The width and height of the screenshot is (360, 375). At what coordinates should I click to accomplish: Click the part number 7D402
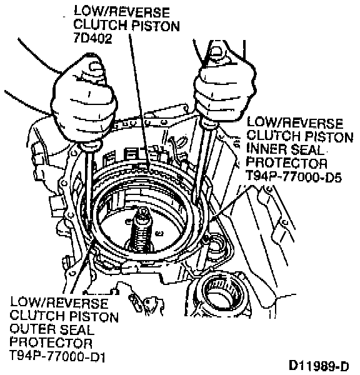pos(92,38)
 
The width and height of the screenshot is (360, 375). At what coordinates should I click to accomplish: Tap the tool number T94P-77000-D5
pos(294,177)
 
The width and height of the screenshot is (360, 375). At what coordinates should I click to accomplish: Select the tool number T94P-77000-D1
pos(57,356)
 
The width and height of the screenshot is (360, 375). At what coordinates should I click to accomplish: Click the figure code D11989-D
pos(319,366)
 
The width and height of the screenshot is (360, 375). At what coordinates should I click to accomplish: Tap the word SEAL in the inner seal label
pos(308,150)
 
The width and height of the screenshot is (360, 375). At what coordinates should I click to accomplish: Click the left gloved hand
pos(84,101)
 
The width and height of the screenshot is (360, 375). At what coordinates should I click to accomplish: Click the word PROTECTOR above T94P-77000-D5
pos(287,163)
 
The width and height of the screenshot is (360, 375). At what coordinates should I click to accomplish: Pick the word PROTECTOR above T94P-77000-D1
pos(51,342)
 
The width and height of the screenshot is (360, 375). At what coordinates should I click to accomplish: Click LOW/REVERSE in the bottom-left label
pos(59,302)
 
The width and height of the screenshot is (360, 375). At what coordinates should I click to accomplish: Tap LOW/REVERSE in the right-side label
pos(295,123)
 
